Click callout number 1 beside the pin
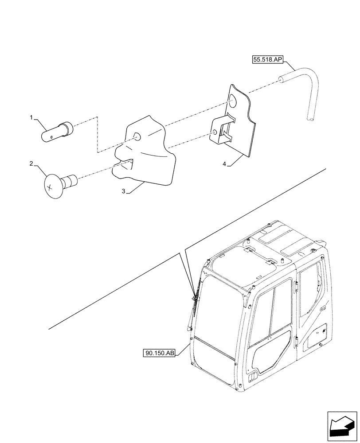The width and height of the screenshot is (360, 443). (x=31, y=117)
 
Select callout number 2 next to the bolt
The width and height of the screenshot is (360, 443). (x=31, y=164)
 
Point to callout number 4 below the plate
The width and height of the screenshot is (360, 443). (x=224, y=164)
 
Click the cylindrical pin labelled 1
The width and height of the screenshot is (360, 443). (x=57, y=132)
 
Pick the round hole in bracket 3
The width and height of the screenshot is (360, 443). (x=137, y=137)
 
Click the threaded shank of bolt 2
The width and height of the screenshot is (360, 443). (x=71, y=180)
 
